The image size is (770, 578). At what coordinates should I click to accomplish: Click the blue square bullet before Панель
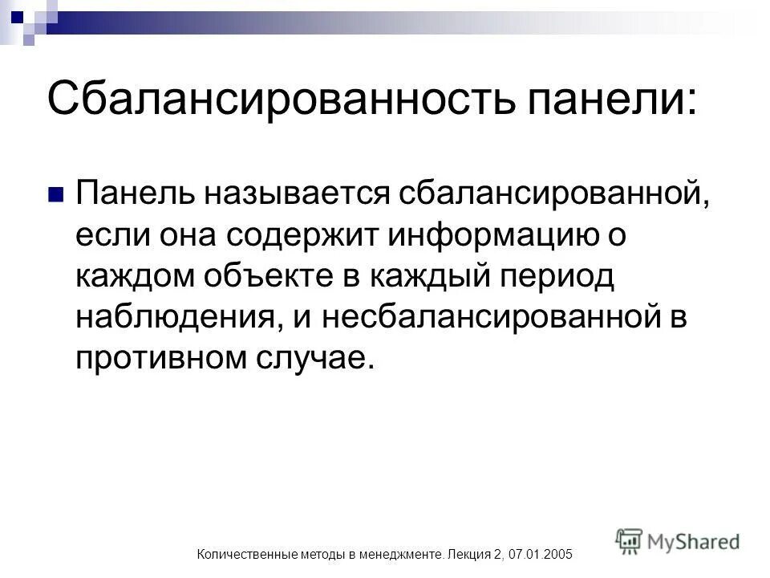click(55, 193)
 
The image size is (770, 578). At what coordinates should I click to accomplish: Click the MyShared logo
click(678, 541)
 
